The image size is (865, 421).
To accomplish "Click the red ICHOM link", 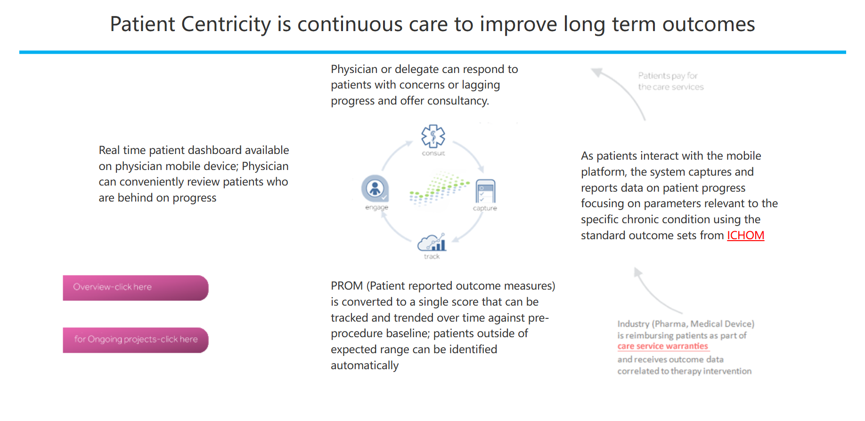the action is tap(745, 235).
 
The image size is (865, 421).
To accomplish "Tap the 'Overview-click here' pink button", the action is tap(136, 288).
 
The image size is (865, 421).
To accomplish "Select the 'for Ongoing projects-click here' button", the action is tap(136, 340).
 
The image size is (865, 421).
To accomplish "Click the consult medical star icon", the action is tap(433, 136).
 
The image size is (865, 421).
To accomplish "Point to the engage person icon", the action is tap(375, 189).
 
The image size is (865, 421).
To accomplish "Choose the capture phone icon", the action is tap(485, 191).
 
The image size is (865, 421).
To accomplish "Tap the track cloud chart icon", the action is tap(432, 243).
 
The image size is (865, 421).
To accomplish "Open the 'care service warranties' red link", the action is tap(662, 346).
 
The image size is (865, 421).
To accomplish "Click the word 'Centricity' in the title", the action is tap(226, 24).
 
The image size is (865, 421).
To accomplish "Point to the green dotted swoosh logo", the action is tap(439, 188).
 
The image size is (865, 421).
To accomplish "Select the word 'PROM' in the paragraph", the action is tap(347, 286).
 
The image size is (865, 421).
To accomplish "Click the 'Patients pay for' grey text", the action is tap(668, 76).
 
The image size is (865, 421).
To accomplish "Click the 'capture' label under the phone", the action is tap(485, 208).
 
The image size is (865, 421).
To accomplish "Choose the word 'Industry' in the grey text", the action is tap(633, 324).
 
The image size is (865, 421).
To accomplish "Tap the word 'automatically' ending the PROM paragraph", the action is tap(365, 366).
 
